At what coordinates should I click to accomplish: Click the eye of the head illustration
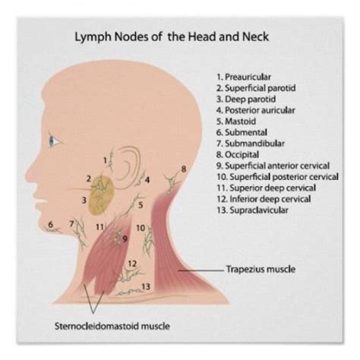pos(54,141)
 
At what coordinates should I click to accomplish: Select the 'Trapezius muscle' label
pos(261,269)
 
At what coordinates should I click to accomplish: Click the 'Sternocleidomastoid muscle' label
pos(112,326)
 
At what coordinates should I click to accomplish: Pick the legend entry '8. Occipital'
pos(238,154)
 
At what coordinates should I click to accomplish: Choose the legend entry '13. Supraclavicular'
pos(252,210)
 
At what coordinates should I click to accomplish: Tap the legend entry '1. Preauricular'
pos(244,77)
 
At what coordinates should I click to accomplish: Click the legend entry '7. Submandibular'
pos(251,144)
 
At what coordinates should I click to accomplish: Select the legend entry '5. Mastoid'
pos(236,122)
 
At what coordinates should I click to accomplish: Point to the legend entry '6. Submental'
pos(242,132)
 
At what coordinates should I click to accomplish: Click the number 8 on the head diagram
pos(184,169)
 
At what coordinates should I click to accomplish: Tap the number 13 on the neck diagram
pos(146,286)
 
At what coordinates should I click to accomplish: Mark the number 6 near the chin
pos(51,224)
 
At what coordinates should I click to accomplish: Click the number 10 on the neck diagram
pos(141,228)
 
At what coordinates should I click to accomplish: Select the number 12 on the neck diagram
pos(132,264)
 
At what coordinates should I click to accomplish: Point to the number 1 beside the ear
pos(106,160)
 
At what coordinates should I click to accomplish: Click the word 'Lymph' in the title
pos(93,37)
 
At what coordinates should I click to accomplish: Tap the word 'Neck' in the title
pos(256,36)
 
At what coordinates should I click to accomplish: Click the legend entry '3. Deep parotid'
pos(246,99)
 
